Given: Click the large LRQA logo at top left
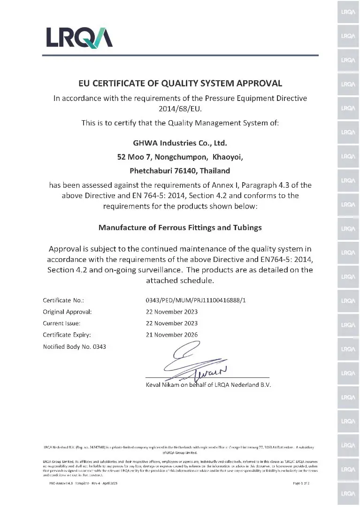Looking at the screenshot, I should [78, 38].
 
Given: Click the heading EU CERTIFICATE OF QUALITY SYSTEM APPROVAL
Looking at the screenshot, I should [180, 84].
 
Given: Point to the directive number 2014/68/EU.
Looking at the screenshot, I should [180, 109].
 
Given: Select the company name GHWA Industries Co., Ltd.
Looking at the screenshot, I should [180, 142].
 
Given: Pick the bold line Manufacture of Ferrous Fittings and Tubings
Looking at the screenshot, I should [180, 227].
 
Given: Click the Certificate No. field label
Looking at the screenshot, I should [63, 300].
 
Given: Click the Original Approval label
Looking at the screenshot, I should [67, 312].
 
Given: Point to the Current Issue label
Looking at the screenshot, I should [61, 323].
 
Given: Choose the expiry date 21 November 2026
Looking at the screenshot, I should [172, 335].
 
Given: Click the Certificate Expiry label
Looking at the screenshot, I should [66, 335].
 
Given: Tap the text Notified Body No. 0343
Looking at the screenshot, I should [75, 347].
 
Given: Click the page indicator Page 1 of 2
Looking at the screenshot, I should [301, 483].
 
